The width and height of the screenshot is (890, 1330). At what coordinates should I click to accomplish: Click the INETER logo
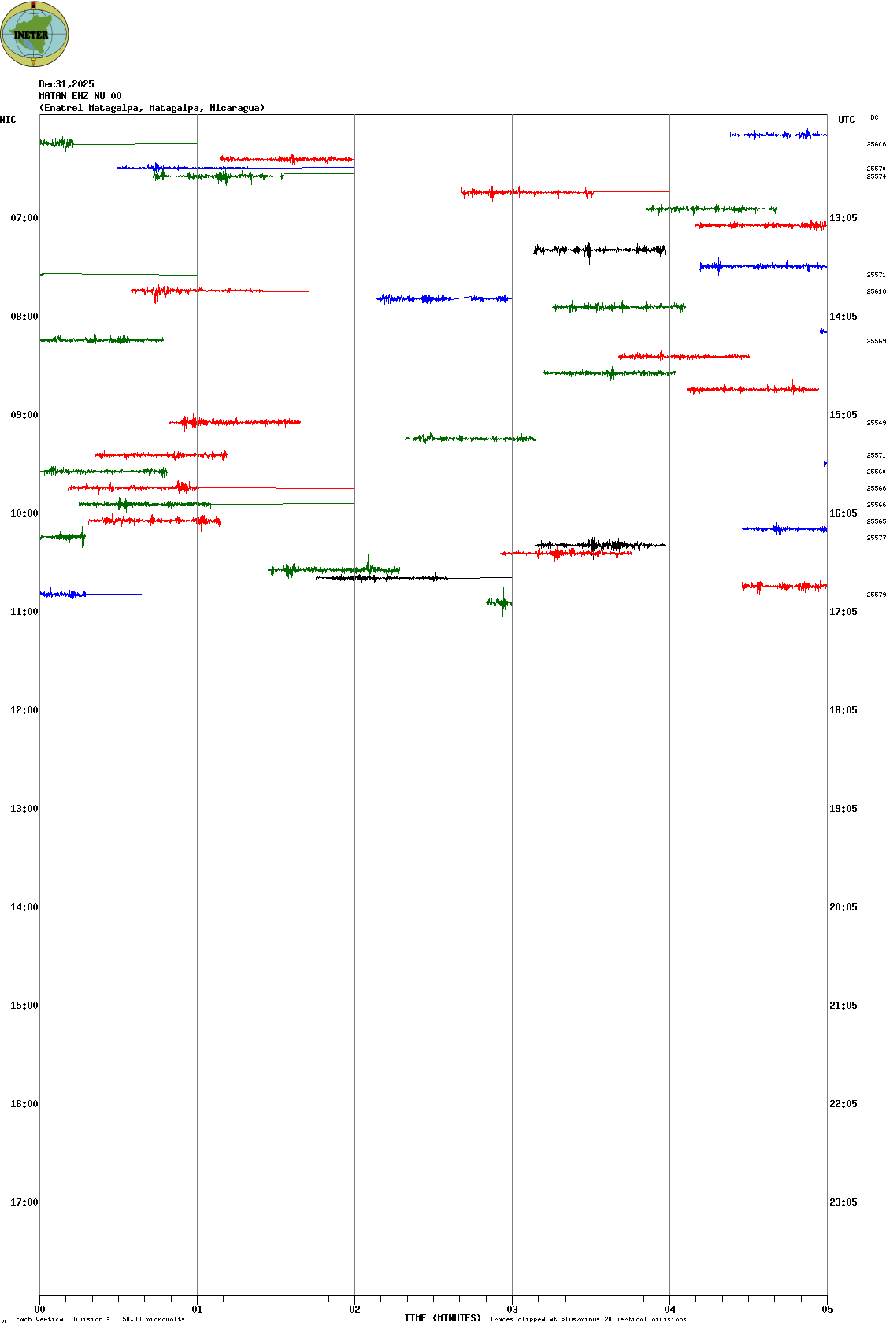pos(35,34)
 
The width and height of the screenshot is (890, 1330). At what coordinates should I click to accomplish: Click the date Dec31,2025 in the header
pos(66,84)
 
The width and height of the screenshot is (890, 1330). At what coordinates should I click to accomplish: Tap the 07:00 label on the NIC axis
pos(24,218)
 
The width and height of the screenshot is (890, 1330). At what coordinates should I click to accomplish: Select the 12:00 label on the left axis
pos(24,710)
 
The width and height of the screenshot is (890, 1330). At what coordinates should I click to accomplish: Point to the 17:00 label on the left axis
pos(24,1202)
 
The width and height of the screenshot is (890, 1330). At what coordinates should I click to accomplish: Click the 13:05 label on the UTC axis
pos(843,218)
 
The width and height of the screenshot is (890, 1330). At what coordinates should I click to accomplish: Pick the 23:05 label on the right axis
pos(843,1202)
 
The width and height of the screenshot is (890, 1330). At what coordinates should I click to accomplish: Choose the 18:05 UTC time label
pos(843,710)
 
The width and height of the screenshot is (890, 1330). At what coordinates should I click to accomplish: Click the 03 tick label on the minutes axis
pos(512,1310)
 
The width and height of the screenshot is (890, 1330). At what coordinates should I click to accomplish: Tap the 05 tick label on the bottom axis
pos(827,1310)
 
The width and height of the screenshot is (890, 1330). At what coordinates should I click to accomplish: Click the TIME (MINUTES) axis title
pos(443,1318)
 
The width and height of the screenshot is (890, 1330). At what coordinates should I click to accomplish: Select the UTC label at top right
pos(846,120)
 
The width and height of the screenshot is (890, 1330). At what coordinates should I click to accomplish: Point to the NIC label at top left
pos(8,120)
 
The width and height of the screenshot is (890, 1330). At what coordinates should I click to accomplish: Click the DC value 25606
pos(876,144)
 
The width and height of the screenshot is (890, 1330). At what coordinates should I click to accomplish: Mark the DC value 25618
pos(876,291)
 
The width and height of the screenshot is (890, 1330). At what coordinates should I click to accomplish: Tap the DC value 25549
pos(876,423)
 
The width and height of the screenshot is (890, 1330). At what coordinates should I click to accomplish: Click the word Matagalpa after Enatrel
pos(115,108)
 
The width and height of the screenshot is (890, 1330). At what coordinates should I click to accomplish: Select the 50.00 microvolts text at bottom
pos(153,1319)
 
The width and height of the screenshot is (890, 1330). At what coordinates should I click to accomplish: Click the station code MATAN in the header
pos(53,96)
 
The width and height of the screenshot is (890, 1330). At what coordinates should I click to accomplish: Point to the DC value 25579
pos(876,595)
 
